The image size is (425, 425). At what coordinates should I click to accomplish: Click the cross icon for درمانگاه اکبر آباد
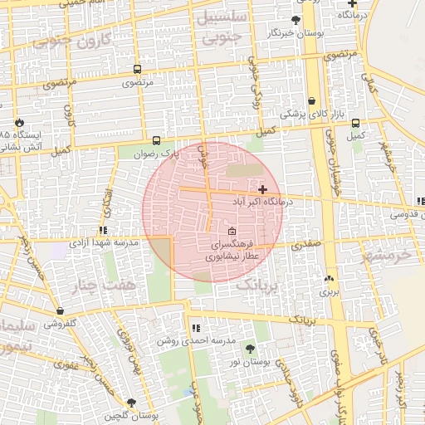[263, 190]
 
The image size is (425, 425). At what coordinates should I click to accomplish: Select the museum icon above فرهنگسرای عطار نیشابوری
[232, 231]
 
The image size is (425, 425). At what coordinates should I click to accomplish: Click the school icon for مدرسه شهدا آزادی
[103, 230]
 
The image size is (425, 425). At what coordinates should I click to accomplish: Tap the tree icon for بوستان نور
[251, 349]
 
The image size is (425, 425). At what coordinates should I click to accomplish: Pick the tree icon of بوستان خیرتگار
[296, 20]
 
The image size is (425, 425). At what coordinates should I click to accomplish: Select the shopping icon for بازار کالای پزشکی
[311, 100]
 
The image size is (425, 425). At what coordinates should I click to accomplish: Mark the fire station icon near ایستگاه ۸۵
[19, 119]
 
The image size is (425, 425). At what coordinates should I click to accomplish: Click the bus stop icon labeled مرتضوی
[136, 71]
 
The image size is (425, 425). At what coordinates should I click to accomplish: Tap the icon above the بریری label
[330, 278]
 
